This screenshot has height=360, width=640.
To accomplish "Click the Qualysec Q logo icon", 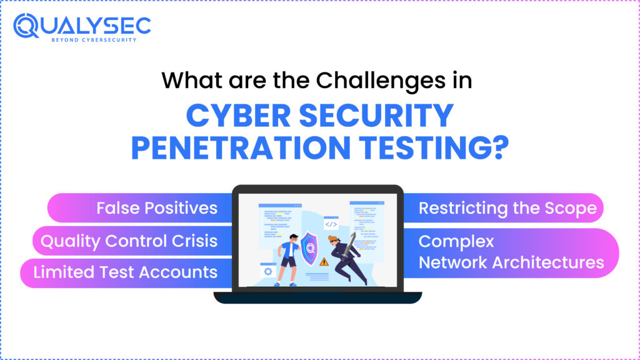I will (x=27, y=26).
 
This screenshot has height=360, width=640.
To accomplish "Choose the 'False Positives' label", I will (x=156, y=207).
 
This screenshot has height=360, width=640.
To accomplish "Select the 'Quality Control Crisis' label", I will (x=129, y=241).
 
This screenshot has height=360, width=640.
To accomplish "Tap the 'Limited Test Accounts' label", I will (x=125, y=272).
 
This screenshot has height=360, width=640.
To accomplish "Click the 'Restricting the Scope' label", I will (x=507, y=207).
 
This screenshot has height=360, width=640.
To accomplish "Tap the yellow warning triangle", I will (x=323, y=262).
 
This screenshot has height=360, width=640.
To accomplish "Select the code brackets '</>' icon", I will (x=331, y=224).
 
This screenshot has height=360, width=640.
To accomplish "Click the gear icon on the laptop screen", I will (x=269, y=271).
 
